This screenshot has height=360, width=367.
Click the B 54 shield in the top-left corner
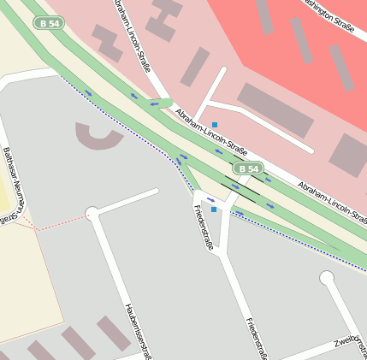coord(51,23)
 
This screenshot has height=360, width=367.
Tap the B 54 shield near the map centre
coord(248,169)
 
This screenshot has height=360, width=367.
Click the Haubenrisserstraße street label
coord(138,329)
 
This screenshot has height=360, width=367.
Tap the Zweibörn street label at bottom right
coord(350,341)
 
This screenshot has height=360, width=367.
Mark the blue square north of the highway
coord(215,125)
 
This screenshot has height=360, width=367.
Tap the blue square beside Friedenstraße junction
coord(214,209)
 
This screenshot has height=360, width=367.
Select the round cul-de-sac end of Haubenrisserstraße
coord(92,213)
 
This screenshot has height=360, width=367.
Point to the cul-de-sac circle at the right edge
coord(327,278)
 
